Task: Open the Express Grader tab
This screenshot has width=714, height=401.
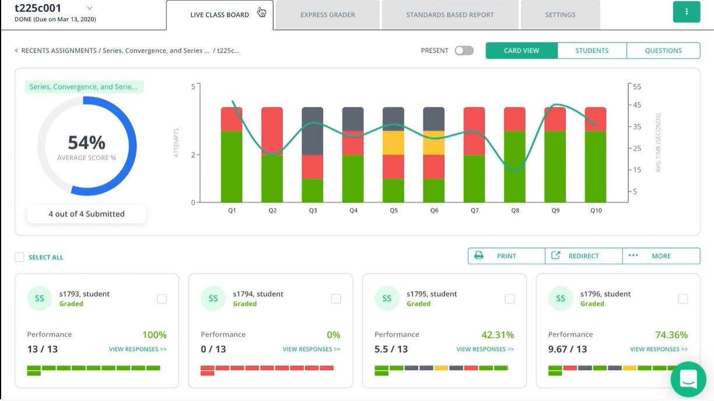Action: coord(327,15)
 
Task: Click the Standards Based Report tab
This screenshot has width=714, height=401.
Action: coord(450,15)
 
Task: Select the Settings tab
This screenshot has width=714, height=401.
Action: coord(560,15)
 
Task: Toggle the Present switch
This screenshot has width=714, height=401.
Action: coord(464,51)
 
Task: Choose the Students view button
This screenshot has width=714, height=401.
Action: coord(591,51)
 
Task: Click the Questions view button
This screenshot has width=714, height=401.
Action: coord(663,51)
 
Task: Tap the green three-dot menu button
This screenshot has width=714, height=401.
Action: coord(686,12)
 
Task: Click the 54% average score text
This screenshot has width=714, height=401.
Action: coord(86,143)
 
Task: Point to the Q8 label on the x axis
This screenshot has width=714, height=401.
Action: coord(515,210)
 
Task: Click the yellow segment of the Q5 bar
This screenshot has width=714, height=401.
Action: coord(393,143)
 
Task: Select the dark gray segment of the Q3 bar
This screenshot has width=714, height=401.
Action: coord(313,131)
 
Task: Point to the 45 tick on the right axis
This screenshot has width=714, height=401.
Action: coord(637,105)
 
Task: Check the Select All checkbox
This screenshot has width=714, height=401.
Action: coord(20,257)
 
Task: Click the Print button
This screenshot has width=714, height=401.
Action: coord(506,256)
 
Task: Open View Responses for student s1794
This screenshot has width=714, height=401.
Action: coord(311,349)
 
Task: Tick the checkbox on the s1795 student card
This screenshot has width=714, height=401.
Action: coord(509,299)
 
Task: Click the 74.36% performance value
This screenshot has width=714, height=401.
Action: coord(671,335)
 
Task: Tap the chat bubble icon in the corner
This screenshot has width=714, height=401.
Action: coord(688,379)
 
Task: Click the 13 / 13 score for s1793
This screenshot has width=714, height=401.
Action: coord(43,349)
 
